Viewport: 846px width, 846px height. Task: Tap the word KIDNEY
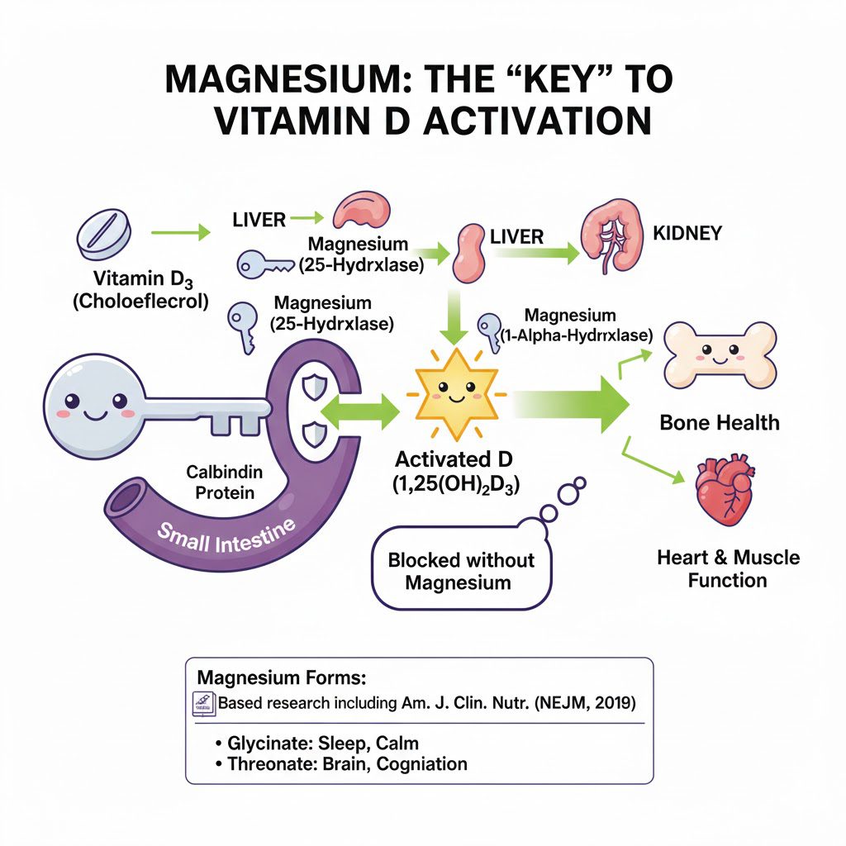[x=687, y=233]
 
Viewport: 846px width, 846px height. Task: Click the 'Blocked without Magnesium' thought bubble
[x=461, y=571]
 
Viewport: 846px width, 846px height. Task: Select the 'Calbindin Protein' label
[x=226, y=482]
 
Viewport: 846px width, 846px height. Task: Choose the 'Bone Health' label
[x=719, y=423]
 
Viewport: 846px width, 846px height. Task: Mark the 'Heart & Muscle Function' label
[x=728, y=568]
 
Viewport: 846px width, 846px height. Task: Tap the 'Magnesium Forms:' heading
[x=281, y=678]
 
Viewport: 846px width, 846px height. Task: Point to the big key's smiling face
[x=92, y=405]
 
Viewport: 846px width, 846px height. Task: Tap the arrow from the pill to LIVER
[x=183, y=233]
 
